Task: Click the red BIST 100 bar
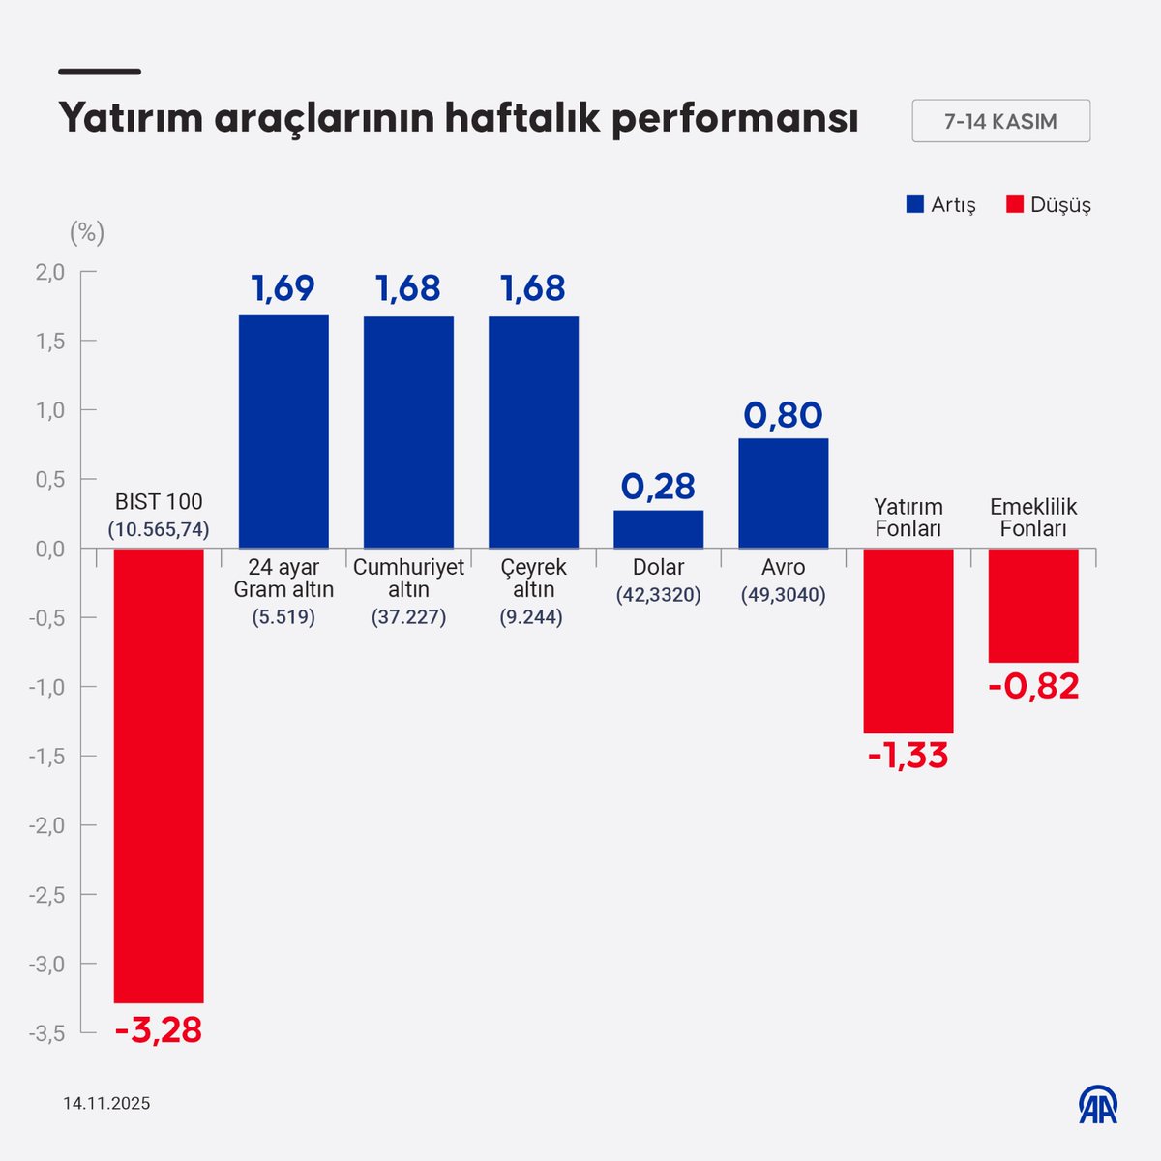(159, 774)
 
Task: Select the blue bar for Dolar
(658, 529)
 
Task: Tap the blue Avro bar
(783, 493)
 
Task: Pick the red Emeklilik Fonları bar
(1032, 605)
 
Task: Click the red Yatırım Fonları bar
(908, 640)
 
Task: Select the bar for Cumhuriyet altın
(408, 432)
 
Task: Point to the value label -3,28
(159, 1029)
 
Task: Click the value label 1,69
(283, 288)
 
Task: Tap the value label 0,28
(658, 487)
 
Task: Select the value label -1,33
(908, 756)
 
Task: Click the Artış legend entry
(940, 205)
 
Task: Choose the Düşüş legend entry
(1049, 205)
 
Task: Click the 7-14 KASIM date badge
(1000, 122)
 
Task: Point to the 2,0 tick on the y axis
(50, 273)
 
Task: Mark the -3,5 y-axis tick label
(47, 1033)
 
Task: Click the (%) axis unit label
(86, 233)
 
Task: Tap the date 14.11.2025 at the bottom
(106, 1104)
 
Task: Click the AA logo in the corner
(1098, 1104)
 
